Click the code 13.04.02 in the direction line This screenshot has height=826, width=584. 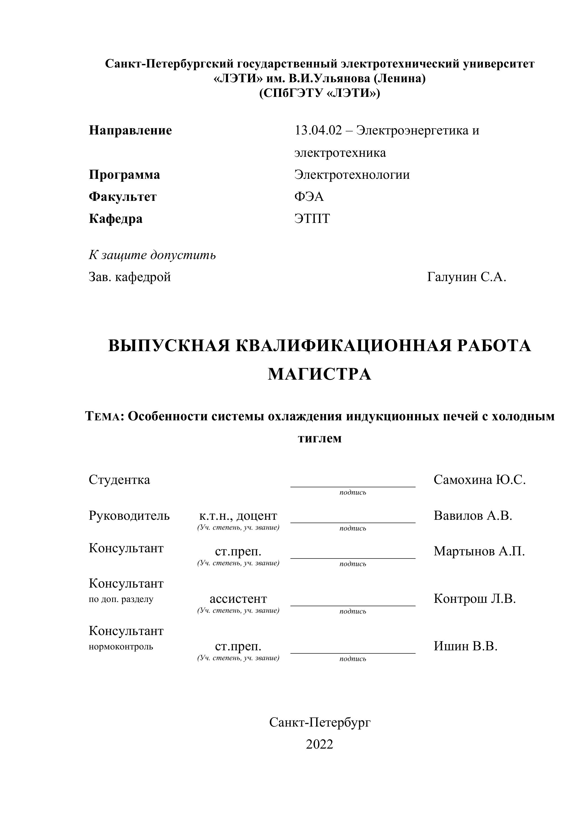click(x=318, y=131)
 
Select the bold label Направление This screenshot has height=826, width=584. click(x=130, y=131)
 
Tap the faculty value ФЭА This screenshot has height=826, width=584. click(x=309, y=197)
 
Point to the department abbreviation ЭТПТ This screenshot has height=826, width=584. click(x=312, y=219)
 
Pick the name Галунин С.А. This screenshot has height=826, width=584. click(x=466, y=277)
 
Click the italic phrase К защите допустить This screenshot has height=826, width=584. click(x=152, y=255)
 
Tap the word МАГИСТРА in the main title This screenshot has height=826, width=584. click(x=319, y=375)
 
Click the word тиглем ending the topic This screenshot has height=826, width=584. click(x=320, y=438)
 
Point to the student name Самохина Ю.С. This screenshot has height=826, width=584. click(x=479, y=480)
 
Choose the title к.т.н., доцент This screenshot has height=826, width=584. click(x=238, y=516)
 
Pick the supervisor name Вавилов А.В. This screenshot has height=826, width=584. click(x=472, y=516)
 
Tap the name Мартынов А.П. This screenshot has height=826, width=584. click(x=479, y=551)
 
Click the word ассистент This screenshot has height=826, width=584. click(x=238, y=599)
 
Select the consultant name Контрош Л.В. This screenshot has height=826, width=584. click(x=474, y=599)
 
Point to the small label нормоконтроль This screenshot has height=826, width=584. click(x=121, y=647)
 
